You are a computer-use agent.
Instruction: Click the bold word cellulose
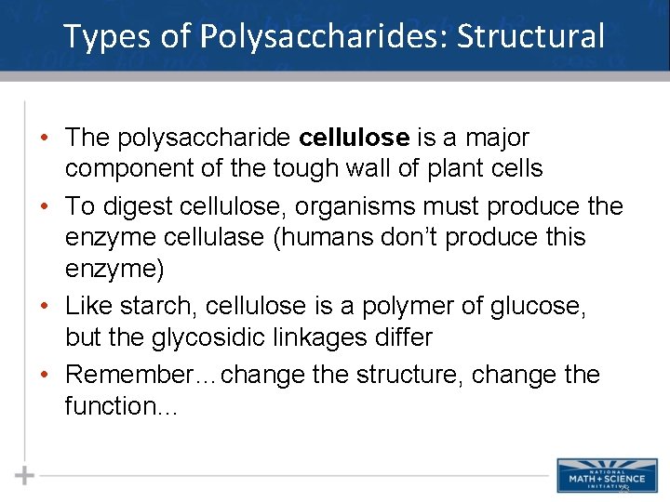[355, 138]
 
